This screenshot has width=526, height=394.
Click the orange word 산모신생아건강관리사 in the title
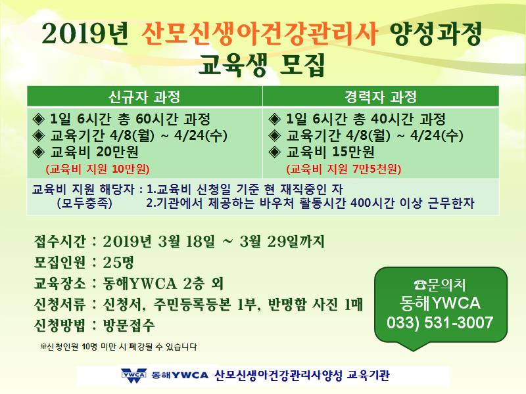tap(259, 34)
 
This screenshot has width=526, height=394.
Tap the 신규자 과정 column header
tap(144, 97)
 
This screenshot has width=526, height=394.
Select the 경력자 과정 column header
tap(381, 97)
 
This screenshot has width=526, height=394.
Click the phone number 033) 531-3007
tap(440, 322)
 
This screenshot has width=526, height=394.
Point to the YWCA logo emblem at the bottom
tap(134, 376)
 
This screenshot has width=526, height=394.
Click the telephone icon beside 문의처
tap(420, 285)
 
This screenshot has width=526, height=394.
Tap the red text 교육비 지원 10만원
tap(97, 169)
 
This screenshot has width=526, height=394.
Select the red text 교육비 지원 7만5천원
tap(344, 169)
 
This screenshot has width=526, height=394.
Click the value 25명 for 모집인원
tap(118, 262)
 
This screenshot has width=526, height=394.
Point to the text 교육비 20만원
tap(94, 152)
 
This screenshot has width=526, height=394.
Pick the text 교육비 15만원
tap(330, 152)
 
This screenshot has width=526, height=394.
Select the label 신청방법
tap(60, 325)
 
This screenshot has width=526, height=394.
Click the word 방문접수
tap(129, 325)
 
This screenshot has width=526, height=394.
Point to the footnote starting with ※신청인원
tap(118, 347)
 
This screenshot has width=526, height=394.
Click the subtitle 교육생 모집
tap(262, 65)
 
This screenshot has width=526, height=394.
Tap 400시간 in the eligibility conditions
tap(372, 203)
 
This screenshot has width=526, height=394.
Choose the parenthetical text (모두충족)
tap(85, 203)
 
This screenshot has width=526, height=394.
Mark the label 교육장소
tap(60, 284)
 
